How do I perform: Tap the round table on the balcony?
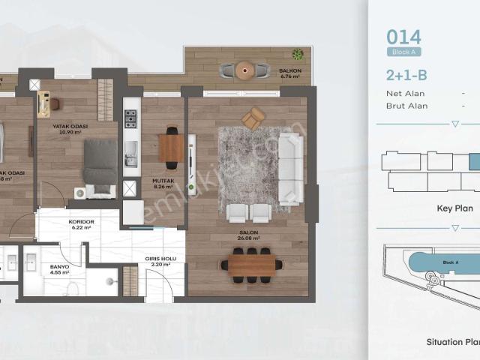tap(244, 70)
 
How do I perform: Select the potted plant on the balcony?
tap(298, 54)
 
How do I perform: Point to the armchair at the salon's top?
tap(253, 118)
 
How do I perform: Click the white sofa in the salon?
tap(289, 169)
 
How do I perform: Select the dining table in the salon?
tap(252, 264)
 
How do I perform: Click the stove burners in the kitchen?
tap(130, 118)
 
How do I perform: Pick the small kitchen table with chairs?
tap(171, 147)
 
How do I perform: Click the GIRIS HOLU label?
tap(158, 261)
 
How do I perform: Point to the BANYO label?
tap(59, 267)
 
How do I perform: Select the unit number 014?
tap(403, 36)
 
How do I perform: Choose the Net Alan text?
tap(405, 94)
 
